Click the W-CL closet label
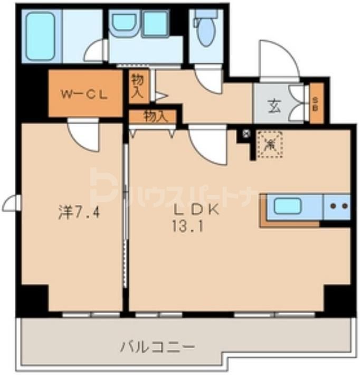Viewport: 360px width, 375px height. tap(84, 95)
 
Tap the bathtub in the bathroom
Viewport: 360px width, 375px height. tap(41, 35)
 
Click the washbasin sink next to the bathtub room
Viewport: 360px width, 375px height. tap(123, 22)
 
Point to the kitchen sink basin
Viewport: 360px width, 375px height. tap(288, 207)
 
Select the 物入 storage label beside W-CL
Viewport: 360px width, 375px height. tap(137, 86)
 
